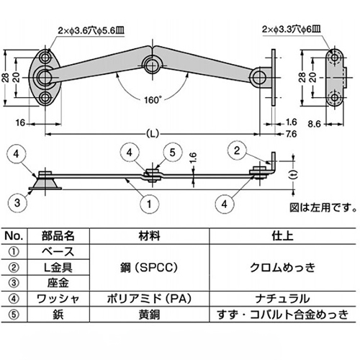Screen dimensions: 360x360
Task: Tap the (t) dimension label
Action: point(291,175)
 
